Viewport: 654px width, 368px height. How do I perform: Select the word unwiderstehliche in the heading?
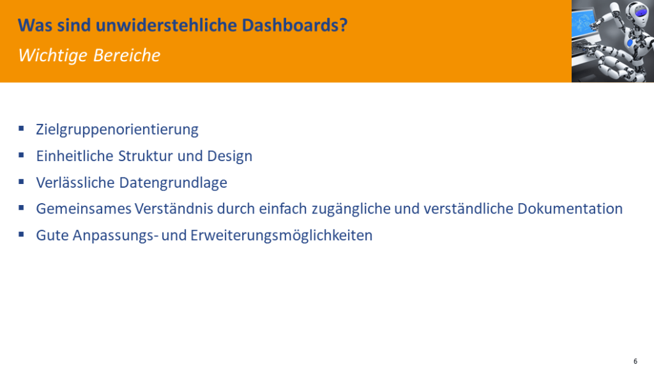click(x=167, y=25)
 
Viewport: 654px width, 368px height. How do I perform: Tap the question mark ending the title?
click(x=344, y=25)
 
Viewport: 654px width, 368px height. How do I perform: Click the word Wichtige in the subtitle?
click(x=52, y=56)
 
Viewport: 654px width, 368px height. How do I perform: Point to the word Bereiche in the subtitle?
click(x=127, y=55)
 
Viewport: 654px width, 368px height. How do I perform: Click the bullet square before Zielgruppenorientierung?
click(x=21, y=128)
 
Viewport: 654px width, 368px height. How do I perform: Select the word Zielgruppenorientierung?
click(x=118, y=130)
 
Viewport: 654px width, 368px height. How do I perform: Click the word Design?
click(x=230, y=157)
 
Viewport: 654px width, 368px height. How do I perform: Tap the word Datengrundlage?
click(x=173, y=183)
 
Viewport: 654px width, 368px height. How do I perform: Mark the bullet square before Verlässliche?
click(x=21, y=181)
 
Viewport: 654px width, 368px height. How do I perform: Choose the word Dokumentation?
click(x=570, y=209)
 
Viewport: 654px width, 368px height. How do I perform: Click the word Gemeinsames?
click(x=84, y=209)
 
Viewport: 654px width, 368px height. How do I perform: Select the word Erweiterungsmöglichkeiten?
click(x=281, y=235)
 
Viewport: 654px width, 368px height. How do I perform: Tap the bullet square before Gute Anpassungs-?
click(x=21, y=234)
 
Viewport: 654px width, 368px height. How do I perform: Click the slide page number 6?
click(x=635, y=362)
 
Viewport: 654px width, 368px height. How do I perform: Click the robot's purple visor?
click(x=641, y=11)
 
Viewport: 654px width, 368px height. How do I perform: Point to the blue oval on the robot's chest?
click(x=630, y=43)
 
